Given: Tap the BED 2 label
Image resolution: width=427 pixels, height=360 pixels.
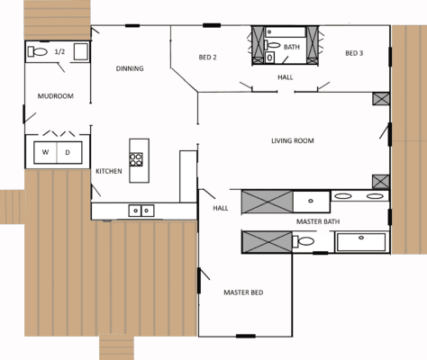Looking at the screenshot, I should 208,58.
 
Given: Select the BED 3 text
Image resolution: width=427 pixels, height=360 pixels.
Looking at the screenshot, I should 354,53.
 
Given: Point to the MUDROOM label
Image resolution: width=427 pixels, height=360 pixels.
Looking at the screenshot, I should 54,95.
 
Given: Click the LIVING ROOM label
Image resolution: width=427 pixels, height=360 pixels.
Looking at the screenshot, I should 293,141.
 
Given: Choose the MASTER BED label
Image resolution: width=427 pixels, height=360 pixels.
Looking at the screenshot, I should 243,292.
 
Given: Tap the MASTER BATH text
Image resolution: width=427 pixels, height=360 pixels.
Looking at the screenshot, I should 318,221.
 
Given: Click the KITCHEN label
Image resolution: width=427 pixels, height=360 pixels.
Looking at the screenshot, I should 109,171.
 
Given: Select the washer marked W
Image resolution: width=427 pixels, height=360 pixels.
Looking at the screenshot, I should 45,152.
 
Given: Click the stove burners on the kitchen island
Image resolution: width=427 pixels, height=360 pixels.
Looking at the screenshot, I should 136,160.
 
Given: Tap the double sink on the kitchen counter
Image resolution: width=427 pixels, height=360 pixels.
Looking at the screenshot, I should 141,211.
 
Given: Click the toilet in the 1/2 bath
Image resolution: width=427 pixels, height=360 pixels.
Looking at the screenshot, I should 38,51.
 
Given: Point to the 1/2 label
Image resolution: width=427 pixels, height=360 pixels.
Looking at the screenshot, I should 60,52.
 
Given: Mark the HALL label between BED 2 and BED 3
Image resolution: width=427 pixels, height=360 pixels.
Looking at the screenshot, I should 285,77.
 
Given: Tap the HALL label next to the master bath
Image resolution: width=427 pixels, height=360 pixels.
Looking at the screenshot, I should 221,208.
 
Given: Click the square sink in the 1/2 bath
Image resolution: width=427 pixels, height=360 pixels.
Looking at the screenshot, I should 79,51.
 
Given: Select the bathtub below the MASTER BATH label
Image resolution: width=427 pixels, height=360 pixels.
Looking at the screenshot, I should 361,241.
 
